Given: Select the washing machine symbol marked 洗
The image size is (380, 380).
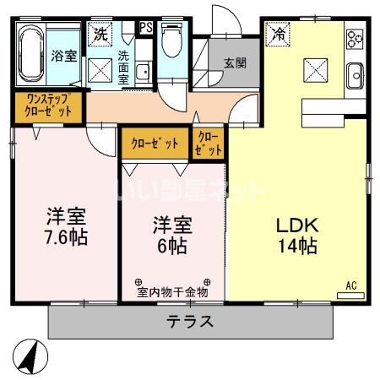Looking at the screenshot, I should [101, 35].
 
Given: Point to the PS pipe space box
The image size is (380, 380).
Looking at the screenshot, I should [146, 28].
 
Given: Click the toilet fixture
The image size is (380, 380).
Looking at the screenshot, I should [171, 42].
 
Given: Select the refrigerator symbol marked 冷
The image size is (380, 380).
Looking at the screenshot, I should [278, 35].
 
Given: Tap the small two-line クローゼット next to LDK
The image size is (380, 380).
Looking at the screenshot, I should [209, 143].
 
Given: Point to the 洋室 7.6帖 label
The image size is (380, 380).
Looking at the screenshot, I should [67, 224].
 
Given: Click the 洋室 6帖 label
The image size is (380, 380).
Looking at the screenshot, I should [172, 236].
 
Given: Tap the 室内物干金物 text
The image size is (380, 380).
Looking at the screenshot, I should [173, 293].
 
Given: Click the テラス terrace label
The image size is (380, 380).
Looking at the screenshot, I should [189, 321].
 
